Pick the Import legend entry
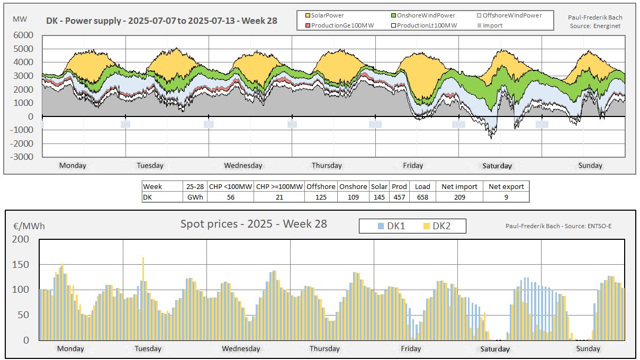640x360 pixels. (x=493, y=25)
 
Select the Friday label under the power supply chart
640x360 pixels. (x=413, y=166)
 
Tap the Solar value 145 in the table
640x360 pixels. (x=380, y=197)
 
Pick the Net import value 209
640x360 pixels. (x=458, y=197)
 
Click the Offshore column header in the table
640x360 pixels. (x=320, y=186)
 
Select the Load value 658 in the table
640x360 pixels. (x=422, y=197)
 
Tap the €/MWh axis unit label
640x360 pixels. (x=29, y=226)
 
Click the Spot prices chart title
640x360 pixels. (x=254, y=224)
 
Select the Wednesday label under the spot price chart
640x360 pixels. (x=241, y=349)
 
